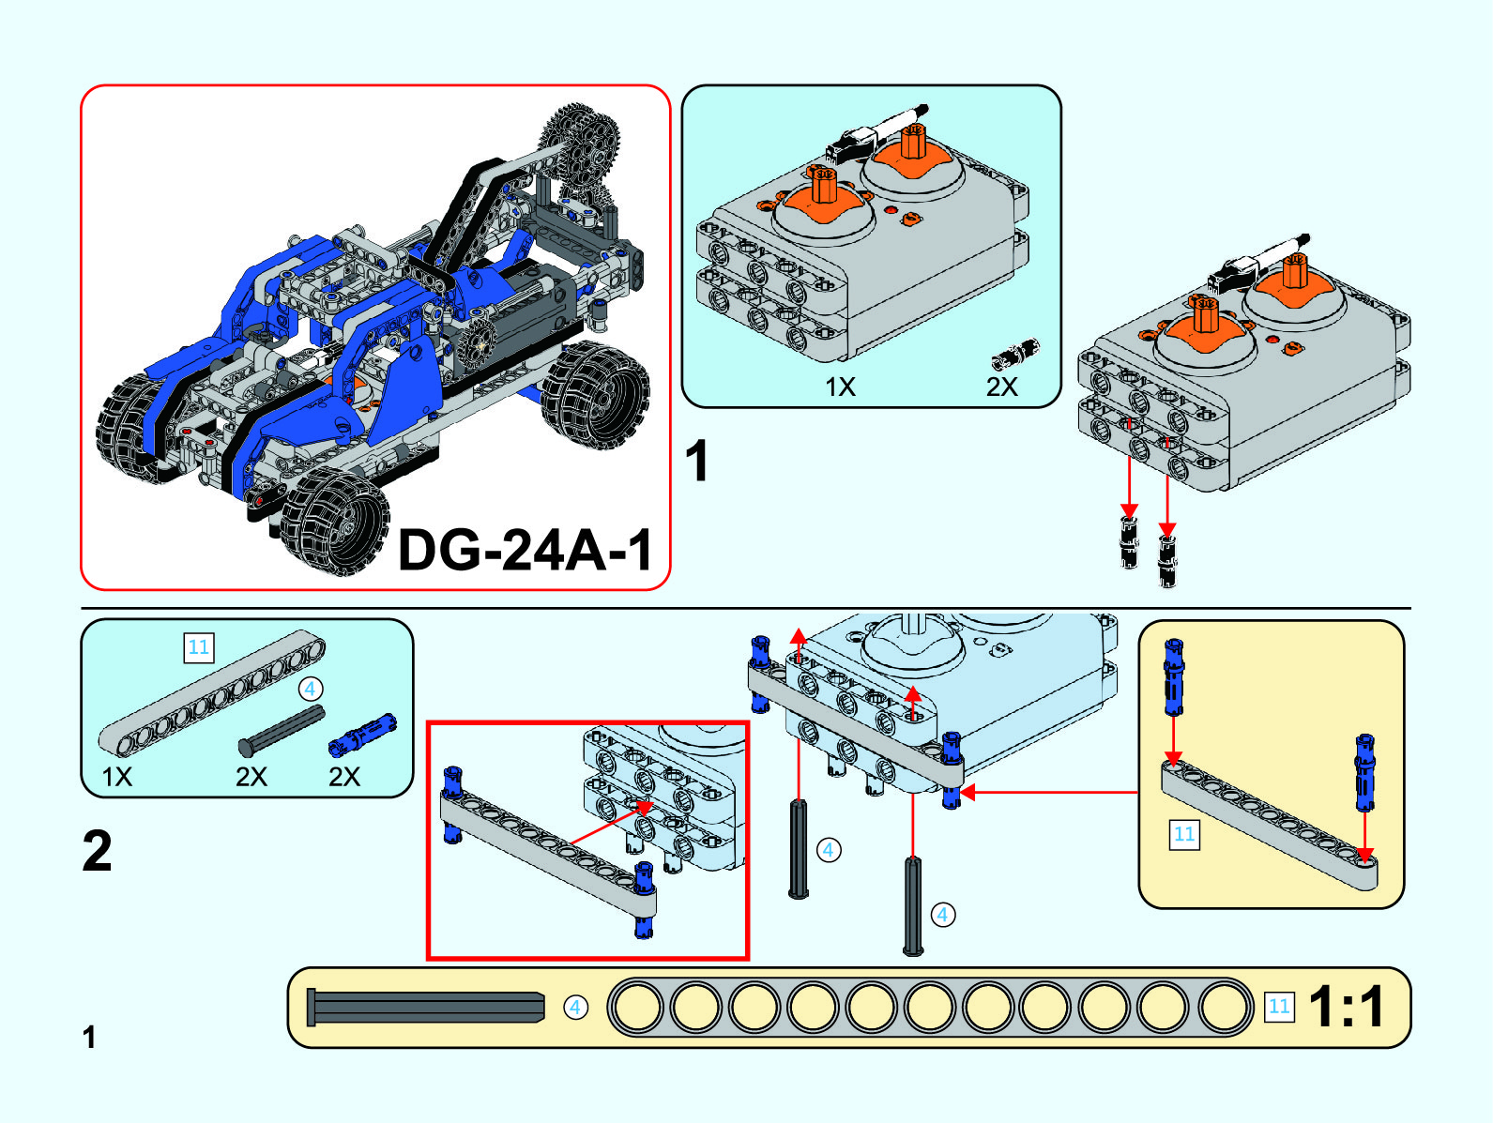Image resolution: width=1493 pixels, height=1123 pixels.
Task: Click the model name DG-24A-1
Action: point(525,549)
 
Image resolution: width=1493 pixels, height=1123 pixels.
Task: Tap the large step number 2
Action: point(98,851)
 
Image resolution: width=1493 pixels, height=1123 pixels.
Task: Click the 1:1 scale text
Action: point(1347,1007)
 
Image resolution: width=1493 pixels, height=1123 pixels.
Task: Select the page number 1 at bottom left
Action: point(89,1037)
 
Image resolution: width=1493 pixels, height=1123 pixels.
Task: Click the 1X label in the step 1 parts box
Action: point(840,387)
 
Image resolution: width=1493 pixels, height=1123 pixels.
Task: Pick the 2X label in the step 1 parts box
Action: point(1001,387)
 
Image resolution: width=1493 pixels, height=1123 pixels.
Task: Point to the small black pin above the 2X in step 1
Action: point(1015,355)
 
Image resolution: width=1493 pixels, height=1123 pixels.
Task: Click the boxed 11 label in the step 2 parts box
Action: point(198,647)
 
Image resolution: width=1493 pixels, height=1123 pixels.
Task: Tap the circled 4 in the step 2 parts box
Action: point(310,690)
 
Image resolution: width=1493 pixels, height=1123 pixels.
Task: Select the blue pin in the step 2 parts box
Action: point(362,735)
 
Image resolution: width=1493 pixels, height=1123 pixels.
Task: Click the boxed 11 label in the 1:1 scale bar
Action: point(1279,1007)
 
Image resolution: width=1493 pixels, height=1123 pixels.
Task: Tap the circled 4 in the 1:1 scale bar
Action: point(575,1007)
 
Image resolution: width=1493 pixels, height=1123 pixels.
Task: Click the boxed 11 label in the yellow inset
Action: point(1184,834)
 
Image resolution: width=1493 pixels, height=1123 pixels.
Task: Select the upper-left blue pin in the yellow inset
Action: point(1174,675)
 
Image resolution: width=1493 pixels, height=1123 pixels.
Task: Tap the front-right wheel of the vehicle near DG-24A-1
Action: point(336,521)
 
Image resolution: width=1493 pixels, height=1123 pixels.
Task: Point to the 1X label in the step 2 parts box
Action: point(117,777)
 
